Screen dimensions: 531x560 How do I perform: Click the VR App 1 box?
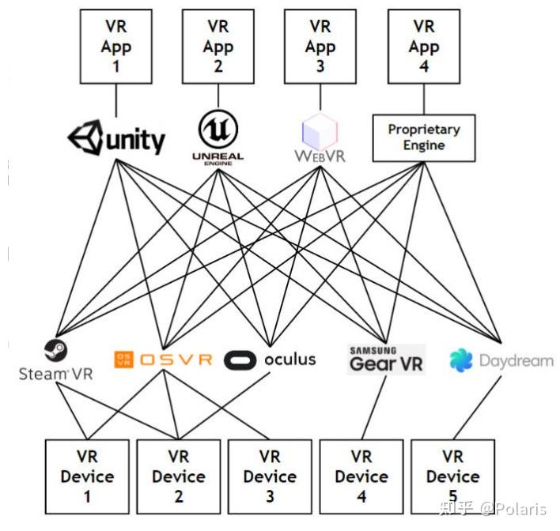click(115, 47)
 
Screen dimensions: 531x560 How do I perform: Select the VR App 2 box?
click(218, 47)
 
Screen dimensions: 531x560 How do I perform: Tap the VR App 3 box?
click(320, 47)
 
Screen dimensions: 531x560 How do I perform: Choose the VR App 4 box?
click(423, 47)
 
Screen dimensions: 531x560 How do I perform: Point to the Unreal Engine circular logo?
click(218, 129)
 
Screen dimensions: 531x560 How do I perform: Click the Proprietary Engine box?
click(423, 137)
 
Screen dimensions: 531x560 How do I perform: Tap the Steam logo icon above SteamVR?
click(55, 350)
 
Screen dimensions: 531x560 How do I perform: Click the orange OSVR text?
click(176, 360)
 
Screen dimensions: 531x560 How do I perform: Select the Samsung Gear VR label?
click(386, 360)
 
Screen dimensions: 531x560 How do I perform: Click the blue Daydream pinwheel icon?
click(461, 360)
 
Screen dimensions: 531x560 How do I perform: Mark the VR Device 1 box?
click(87, 476)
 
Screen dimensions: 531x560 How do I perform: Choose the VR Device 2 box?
click(179, 476)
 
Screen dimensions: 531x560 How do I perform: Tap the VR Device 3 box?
click(270, 476)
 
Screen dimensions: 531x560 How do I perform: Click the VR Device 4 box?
click(361, 476)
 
